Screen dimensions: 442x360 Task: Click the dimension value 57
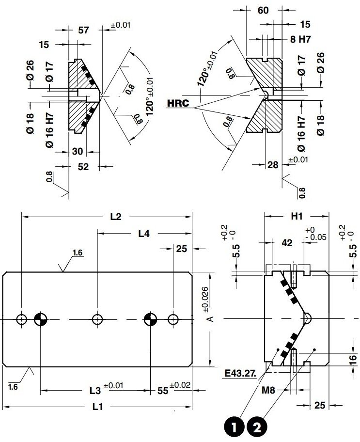click(83, 31)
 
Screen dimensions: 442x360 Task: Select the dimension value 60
click(263, 11)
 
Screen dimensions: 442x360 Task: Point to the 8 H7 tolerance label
click(301, 40)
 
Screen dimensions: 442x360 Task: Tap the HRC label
click(178, 103)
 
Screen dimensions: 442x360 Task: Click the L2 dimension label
click(115, 217)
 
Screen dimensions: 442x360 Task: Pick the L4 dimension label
click(143, 234)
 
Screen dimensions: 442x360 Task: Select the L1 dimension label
click(97, 407)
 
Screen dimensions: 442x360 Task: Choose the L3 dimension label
click(95, 390)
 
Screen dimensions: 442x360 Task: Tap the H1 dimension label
click(297, 217)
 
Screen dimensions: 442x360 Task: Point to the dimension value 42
click(287, 242)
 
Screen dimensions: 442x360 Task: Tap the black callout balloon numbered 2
click(257, 427)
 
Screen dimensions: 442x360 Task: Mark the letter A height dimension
click(210, 318)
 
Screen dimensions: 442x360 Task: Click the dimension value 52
click(83, 167)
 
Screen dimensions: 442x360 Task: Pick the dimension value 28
click(273, 165)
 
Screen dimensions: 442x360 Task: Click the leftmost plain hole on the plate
click(22, 319)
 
